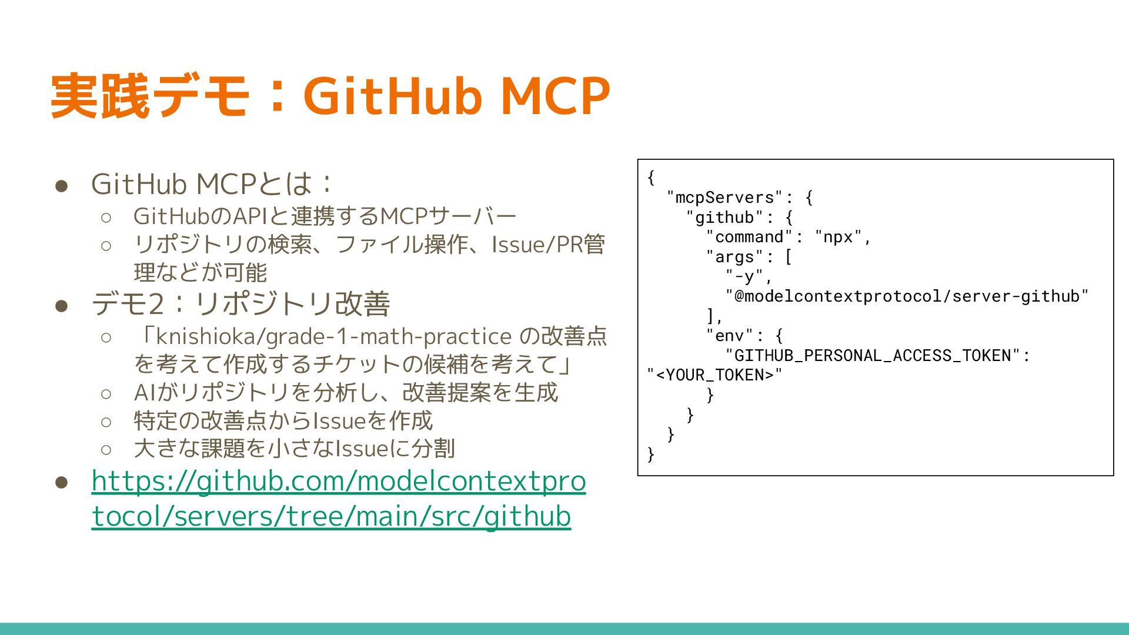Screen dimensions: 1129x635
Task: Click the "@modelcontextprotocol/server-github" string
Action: click(x=907, y=296)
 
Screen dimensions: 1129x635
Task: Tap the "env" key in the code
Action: click(x=730, y=336)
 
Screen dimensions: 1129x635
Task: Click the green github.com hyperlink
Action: click(x=338, y=499)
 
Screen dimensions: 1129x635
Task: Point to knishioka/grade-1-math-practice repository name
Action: click(x=333, y=336)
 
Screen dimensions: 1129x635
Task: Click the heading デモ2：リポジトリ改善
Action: click(x=241, y=304)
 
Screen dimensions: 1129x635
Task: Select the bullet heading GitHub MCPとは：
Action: click(x=212, y=183)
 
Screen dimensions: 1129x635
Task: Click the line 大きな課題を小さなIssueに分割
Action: click(x=294, y=449)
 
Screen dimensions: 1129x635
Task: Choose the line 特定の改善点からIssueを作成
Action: click(x=283, y=421)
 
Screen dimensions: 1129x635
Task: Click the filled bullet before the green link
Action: click(x=62, y=483)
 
